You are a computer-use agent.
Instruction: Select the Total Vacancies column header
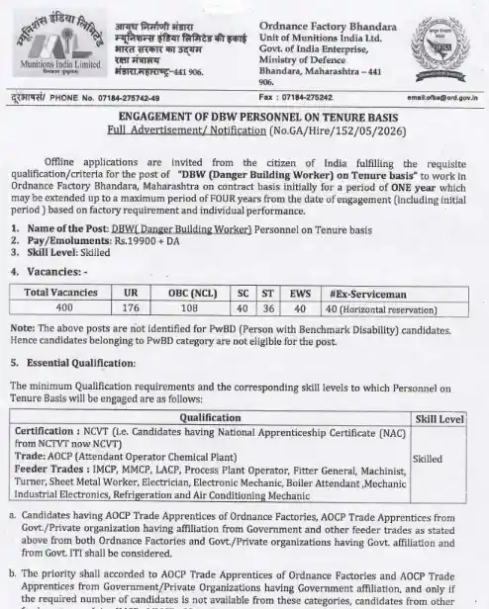(61, 294)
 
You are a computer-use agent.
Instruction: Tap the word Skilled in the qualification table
(428, 459)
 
